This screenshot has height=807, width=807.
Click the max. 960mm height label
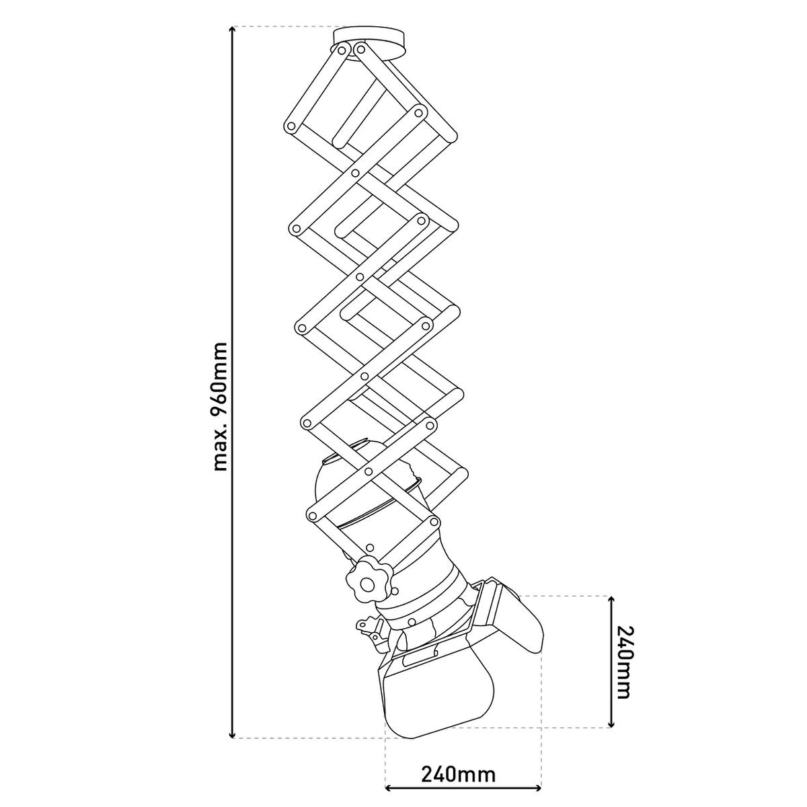[x=220, y=406]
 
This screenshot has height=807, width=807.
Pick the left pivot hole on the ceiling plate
[x=344, y=50]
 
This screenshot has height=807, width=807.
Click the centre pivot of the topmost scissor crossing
[x=354, y=174]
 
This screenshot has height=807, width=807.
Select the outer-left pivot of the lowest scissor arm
[x=311, y=515]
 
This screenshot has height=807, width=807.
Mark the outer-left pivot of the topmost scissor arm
[x=292, y=126]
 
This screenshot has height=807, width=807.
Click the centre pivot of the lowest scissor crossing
[x=369, y=472]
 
